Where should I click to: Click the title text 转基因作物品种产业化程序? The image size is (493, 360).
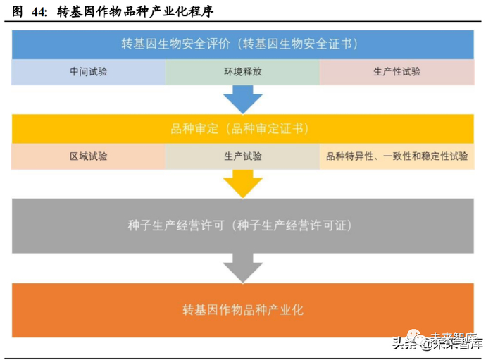point(135,12)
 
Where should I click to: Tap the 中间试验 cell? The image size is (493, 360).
point(89,72)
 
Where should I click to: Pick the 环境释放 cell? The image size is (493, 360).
point(242,72)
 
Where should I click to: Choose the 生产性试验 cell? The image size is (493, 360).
point(397,72)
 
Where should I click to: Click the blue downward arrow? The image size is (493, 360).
point(243,99)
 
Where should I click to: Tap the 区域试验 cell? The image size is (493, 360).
point(89,156)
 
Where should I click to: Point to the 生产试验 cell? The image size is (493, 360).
point(242,156)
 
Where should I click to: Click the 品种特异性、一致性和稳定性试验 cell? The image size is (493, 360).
point(397,156)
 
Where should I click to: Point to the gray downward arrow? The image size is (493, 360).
point(243,268)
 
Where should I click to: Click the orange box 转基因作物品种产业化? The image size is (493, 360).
point(243,309)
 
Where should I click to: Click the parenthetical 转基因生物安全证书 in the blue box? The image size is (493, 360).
point(299,44)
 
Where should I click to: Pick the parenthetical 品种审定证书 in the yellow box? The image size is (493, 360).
point(270,129)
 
